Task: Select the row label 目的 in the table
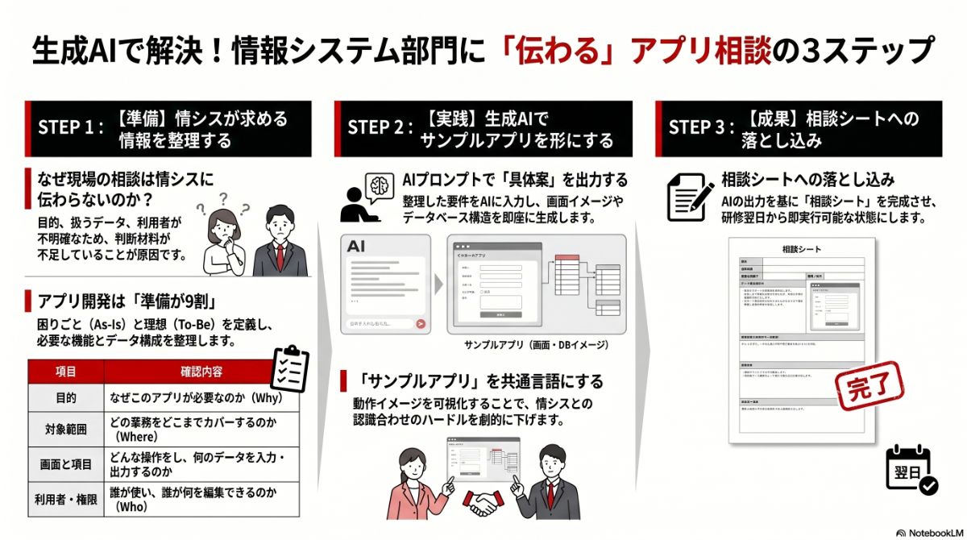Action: [66, 398]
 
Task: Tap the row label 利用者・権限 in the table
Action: [66, 500]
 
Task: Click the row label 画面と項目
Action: [66, 465]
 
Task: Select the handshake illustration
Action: [487, 504]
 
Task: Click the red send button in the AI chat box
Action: [420, 324]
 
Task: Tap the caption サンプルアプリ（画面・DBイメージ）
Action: [536, 345]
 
